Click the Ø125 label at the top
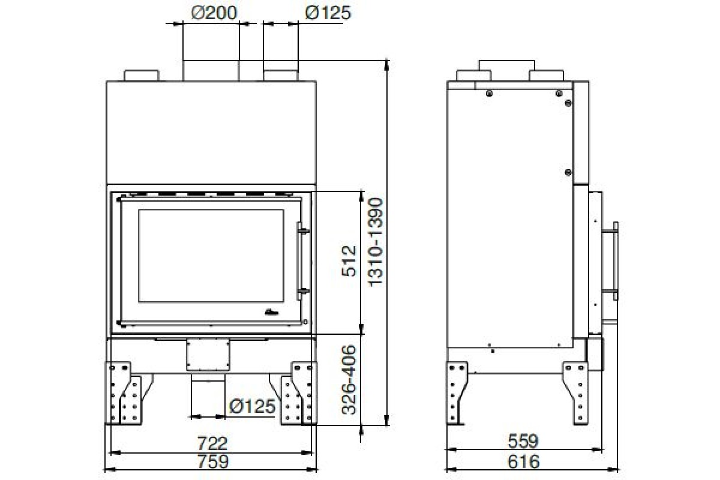[x=328, y=12]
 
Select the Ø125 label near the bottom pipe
[x=252, y=406]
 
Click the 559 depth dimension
[x=523, y=442]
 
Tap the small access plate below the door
[x=209, y=355]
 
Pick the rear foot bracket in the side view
[x=457, y=393]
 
